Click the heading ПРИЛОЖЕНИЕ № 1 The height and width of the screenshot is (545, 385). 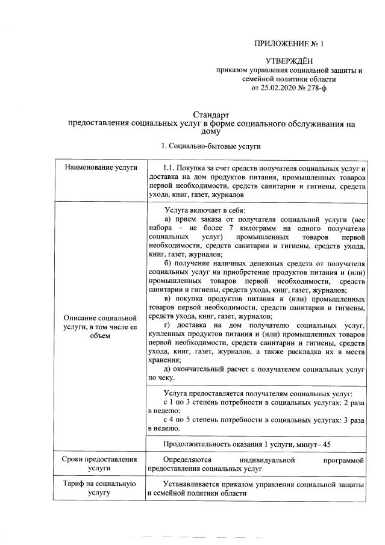click(x=289, y=44)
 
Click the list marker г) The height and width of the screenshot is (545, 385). click(x=167, y=326)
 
